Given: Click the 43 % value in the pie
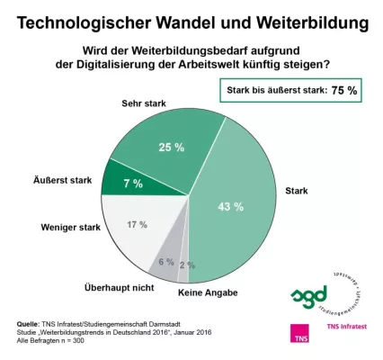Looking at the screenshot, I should (x=230, y=207).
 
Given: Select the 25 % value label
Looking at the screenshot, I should (x=167, y=147).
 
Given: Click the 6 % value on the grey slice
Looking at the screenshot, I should (x=165, y=262).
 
